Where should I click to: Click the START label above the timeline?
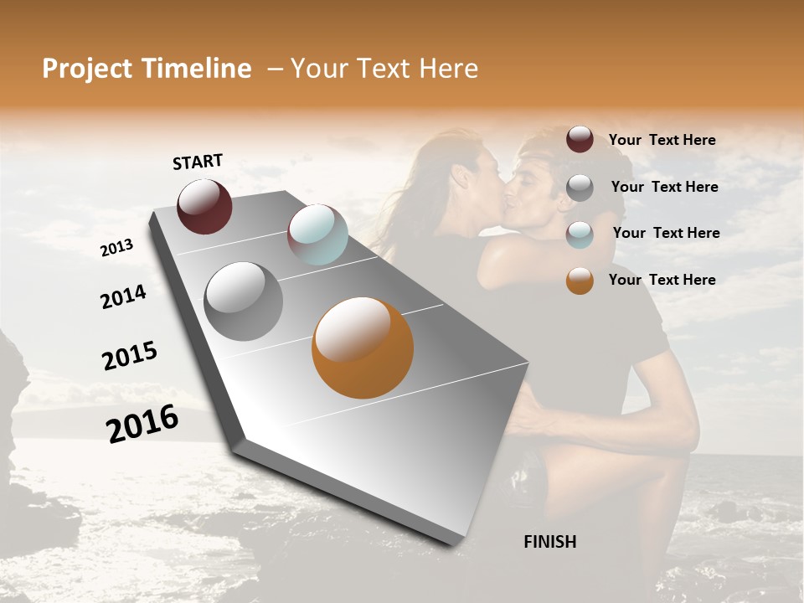[x=198, y=162]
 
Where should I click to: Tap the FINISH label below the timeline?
[x=550, y=542]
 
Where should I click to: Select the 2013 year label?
[x=116, y=248]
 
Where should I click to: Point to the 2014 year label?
[x=123, y=297]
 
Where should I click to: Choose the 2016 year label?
[x=142, y=424]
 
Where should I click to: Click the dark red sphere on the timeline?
[x=204, y=206]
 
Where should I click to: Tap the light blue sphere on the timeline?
[x=317, y=234]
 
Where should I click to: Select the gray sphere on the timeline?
[x=244, y=301]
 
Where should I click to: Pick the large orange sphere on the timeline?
[x=363, y=348]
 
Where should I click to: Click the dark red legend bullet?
[x=580, y=140]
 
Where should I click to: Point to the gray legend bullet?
[x=580, y=188]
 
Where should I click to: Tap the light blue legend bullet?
[x=580, y=234]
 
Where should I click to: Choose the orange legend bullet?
[x=580, y=281]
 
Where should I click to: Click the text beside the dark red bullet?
[x=662, y=140]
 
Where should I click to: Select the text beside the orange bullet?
[x=662, y=280]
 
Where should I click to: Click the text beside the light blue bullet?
[x=666, y=233]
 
